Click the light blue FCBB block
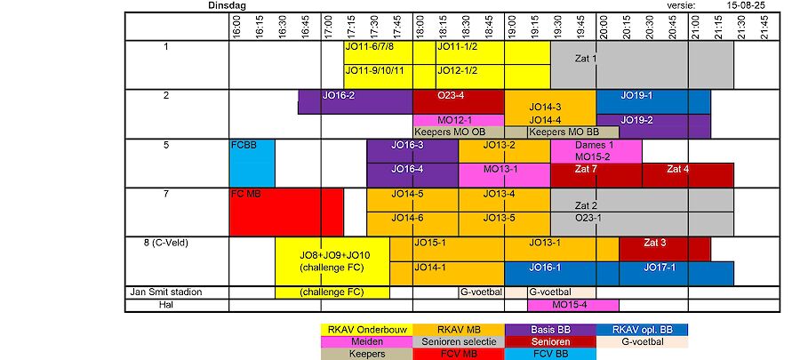pos(252,163)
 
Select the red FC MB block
pos(286,212)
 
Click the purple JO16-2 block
pos(355,101)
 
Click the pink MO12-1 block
pos(458,120)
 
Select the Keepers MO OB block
pos(458,132)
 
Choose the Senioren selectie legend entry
pos(458,341)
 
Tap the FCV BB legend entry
pos(549,353)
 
